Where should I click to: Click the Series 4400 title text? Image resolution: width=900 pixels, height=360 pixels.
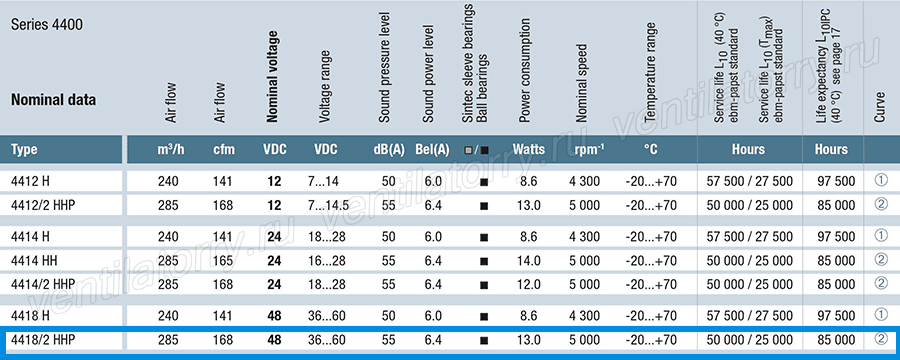tap(46, 25)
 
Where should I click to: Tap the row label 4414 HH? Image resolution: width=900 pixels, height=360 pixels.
tap(33, 261)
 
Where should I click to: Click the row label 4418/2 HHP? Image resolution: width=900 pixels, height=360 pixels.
tap(43, 340)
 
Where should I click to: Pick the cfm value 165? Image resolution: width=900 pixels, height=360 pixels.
tap(223, 261)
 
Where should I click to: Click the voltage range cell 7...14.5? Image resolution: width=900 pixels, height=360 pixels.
tap(329, 205)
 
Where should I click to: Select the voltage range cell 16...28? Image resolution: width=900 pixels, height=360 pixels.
tap(327, 261)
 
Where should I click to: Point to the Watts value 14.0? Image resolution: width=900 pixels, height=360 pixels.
tap(529, 261)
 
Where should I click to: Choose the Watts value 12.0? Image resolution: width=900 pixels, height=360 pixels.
tap(529, 284)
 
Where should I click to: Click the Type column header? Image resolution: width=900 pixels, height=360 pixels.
tap(24, 150)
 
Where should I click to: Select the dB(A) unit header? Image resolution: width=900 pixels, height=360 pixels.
tap(389, 150)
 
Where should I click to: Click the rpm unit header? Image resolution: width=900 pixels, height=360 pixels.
tap(587, 150)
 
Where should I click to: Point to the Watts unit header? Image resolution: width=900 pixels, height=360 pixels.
tap(529, 150)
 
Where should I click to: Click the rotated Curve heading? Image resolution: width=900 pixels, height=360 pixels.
tap(880, 107)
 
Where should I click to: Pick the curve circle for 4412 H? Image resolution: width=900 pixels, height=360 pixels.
tap(881, 180)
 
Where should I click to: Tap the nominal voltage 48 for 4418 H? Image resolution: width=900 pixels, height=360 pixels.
tap(274, 316)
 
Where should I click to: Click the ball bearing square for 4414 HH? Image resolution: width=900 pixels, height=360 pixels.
tap(484, 261)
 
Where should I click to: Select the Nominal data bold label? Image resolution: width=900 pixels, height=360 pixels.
tap(53, 100)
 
